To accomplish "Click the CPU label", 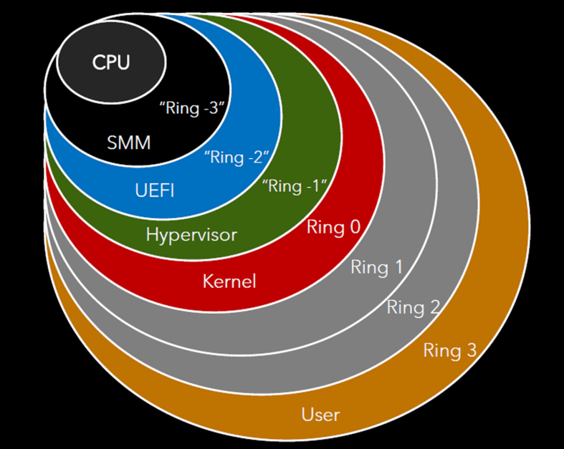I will click(111, 62).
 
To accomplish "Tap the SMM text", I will click(128, 143).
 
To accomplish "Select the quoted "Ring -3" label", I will click(192, 107).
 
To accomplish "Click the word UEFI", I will click(154, 191).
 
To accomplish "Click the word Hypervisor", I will click(191, 235).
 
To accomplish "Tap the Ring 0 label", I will click(333, 227).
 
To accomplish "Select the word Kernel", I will click(229, 282).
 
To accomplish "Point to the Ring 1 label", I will click(377, 268).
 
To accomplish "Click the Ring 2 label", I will click(413, 307).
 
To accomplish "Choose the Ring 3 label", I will click(449, 350).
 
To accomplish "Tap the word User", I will click(321, 414).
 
